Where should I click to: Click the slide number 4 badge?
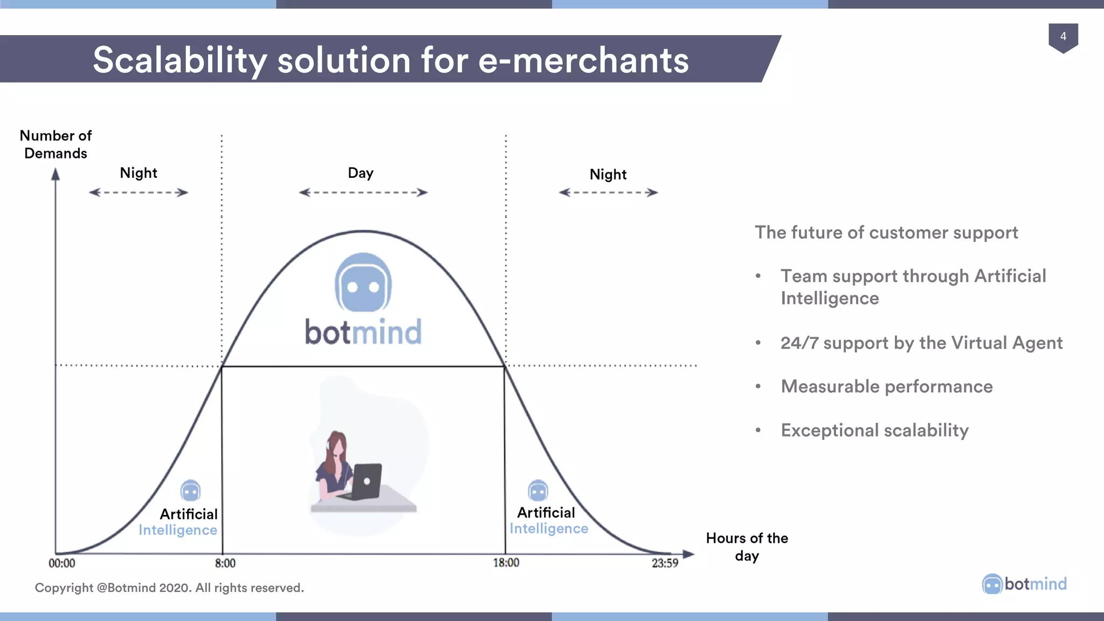pos(1062,37)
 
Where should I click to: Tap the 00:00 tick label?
pos(62,563)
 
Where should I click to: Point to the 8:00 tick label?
pos(225,563)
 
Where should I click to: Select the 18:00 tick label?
pos(506,563)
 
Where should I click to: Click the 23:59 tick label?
pos(665,563)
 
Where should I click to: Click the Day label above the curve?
pos(361,173)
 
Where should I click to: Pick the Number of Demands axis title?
pos(56,144)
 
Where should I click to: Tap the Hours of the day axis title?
pos(747,547)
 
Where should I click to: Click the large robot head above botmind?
pos(363,282)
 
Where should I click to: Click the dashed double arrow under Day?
pos(363,192)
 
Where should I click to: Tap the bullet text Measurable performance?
pos(886,387)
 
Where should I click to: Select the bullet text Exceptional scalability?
pos(874,430)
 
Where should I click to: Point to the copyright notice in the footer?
pos(169,588)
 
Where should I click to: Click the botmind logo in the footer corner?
pos(1024,584)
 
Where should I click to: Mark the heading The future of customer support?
pos(886,232)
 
